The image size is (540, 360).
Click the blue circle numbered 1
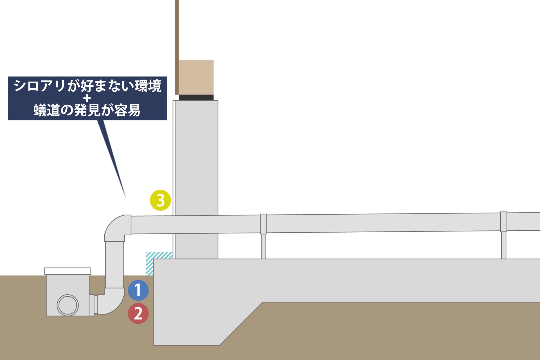click(138, 290)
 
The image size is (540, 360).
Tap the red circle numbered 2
click(138, 313)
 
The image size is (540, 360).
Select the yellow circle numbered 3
click(160, 200)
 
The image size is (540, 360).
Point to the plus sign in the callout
click(87, 98)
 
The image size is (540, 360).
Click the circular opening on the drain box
click(67, 305)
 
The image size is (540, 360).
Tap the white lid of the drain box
click(67, 271)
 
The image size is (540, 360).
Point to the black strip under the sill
click(196, 98)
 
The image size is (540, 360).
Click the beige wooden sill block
click(196, 77)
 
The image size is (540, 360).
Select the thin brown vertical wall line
click(177, 48)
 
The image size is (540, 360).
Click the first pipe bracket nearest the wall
click(263, 224)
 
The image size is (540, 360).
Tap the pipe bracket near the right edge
click(503, 222)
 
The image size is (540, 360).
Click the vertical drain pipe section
click(114, 264)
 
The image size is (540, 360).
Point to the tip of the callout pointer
click(125, 196)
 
